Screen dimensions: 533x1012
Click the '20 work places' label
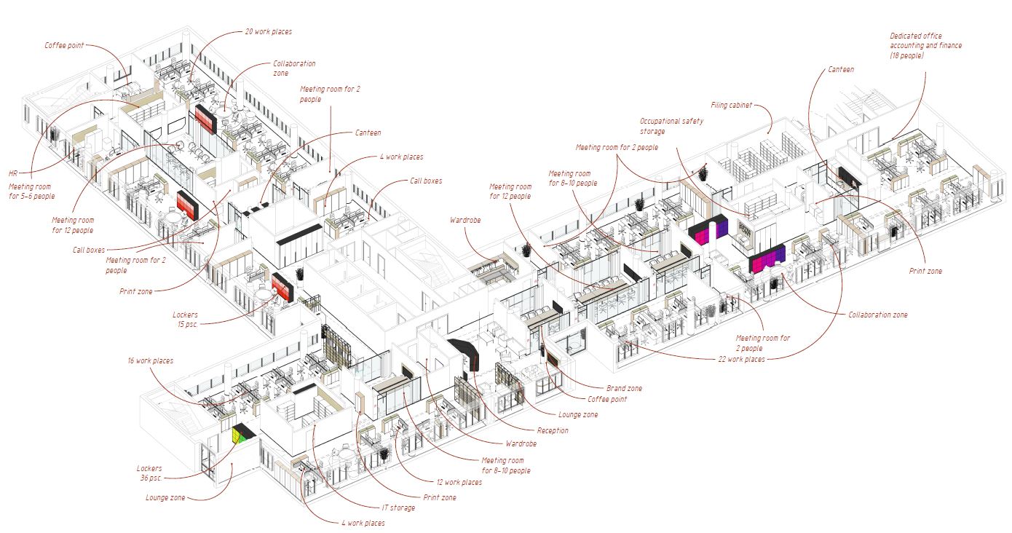(x=269, y=32)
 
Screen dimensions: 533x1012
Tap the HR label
(x=12, y=173)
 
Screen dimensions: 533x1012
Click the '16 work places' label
(x=150, y=360)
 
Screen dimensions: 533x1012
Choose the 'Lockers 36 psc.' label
(x=149, y=473)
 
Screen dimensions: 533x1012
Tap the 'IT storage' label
(x=398, y=508)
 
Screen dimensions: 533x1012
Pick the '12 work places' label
(x=459, y=483)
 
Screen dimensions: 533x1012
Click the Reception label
(x=552, y=430)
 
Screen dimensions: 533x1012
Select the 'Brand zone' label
(x=624, y=388)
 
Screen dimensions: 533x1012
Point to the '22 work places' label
(x=741, y=359)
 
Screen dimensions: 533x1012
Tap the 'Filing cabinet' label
(x=731, y=106)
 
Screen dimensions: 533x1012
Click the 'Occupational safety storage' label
(x=671, y=126)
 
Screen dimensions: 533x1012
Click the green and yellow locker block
(x=241, y=435)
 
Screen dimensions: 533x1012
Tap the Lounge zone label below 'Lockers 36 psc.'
(x=165, y=498)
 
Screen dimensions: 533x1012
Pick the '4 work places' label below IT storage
(x=362, y=523)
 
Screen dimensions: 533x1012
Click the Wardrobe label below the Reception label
(x=521, y=443)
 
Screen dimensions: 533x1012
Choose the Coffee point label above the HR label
(x=64, y=45)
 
